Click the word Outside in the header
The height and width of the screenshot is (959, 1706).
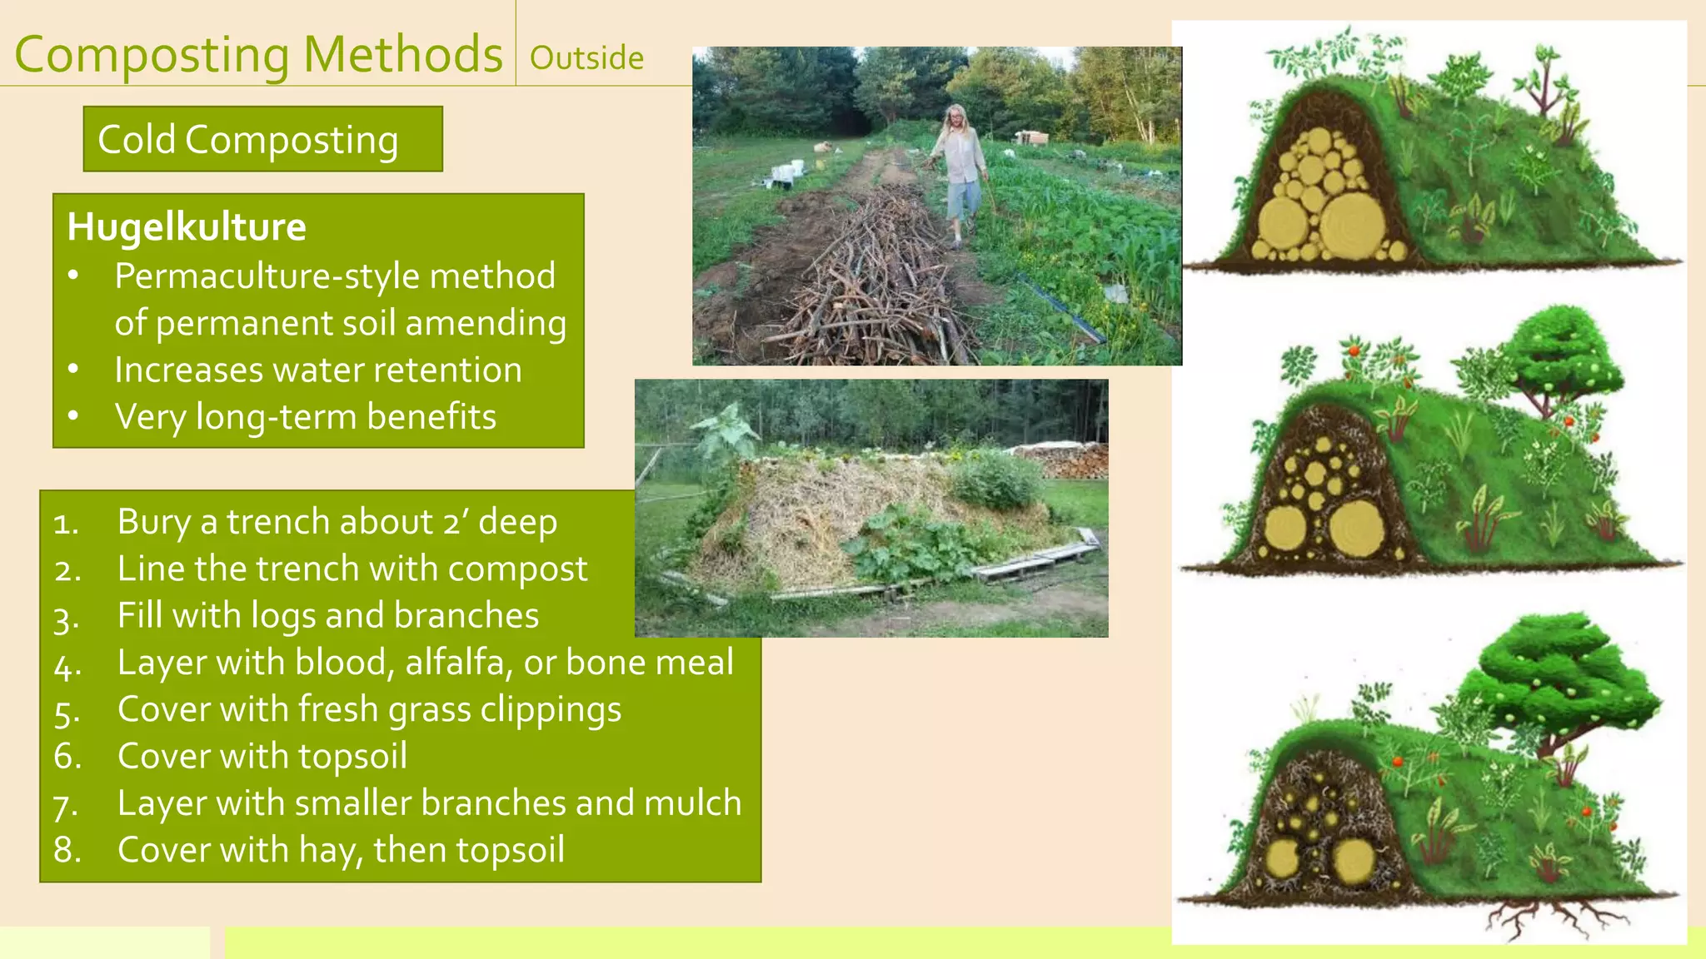click(586, 58)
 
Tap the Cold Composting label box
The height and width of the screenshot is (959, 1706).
click(262, 139)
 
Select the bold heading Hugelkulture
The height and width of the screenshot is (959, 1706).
click(187, 226)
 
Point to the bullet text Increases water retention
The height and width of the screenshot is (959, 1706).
click(317, 370)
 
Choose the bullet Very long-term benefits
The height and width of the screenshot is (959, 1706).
click(305, 416)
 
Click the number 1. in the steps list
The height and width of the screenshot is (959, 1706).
click(66, 524)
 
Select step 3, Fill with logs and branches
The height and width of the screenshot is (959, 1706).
click(327, 616)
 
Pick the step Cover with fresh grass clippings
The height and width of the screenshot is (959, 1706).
click(369, 709)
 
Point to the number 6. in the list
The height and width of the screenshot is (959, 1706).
click(67, 757)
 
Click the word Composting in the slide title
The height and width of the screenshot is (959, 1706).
click(152, 55)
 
